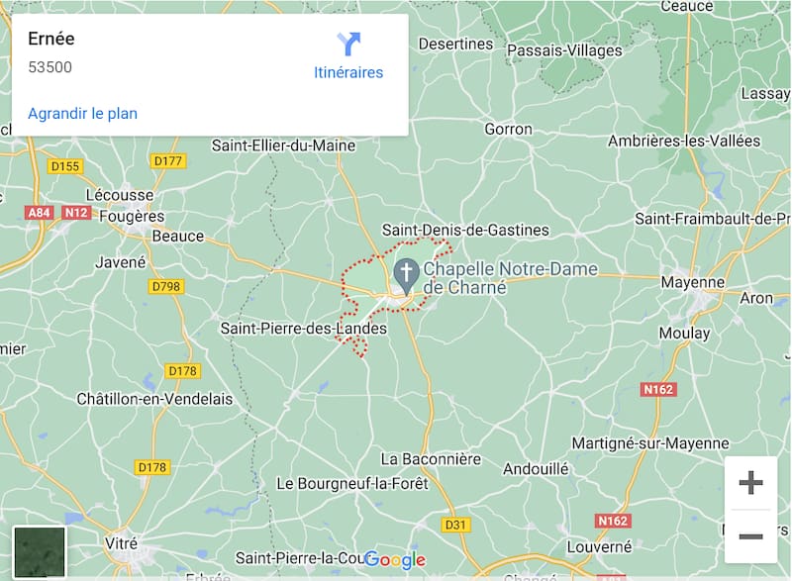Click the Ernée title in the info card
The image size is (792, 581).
pos(51,40)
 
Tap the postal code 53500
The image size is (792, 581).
pos(49,67)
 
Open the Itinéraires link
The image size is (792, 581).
pos(347,72)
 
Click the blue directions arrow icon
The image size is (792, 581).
pos(348,44)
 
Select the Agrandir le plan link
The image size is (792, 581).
pos(82,113)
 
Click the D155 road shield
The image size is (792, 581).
pos(64,166)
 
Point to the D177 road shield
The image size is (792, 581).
pos(169,160)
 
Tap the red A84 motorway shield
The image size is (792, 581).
pos(40,213)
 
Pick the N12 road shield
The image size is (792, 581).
pos(76,213)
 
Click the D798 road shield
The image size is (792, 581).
pos(166,286)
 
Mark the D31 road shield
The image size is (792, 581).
pos(455,524)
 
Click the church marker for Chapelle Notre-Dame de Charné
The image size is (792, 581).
pos(405,271)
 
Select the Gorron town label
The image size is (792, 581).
pos(508,129)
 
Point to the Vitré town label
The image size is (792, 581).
pos(121,543)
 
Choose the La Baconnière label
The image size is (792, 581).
pos(431,459)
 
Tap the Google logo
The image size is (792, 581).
pos(395,560)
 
